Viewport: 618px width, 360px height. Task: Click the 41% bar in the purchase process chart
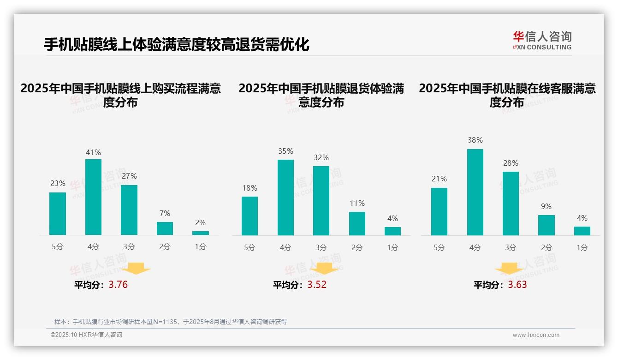click(93, 197)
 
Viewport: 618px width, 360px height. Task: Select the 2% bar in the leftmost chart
click(201, 233)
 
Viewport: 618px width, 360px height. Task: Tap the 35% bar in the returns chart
click(285, 198)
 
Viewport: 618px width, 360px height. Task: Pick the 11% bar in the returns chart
click(357, 224)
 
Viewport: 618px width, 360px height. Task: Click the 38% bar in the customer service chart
click(475, 192)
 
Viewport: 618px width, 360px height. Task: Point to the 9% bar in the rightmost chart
click(547, 225)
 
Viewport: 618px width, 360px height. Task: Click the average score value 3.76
click(118, 285)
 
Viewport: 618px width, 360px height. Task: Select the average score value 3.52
click(317, 285)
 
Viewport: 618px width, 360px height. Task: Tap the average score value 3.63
click(517, 285)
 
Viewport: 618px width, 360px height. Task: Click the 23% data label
click(58, 184)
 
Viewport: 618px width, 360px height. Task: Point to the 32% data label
click(321, 158)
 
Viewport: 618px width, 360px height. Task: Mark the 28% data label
click(511, 163)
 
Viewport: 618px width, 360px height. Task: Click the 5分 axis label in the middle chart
click(250, 248)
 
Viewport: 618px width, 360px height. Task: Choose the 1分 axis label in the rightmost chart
click(582, 248)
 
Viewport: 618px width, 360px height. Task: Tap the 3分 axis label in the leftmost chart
click(129, 247)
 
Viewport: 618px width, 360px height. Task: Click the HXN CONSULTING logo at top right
click(542, 41)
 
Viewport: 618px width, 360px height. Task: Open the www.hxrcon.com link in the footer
click(536, 335)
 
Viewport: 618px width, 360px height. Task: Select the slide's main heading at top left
click(176, 45)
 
